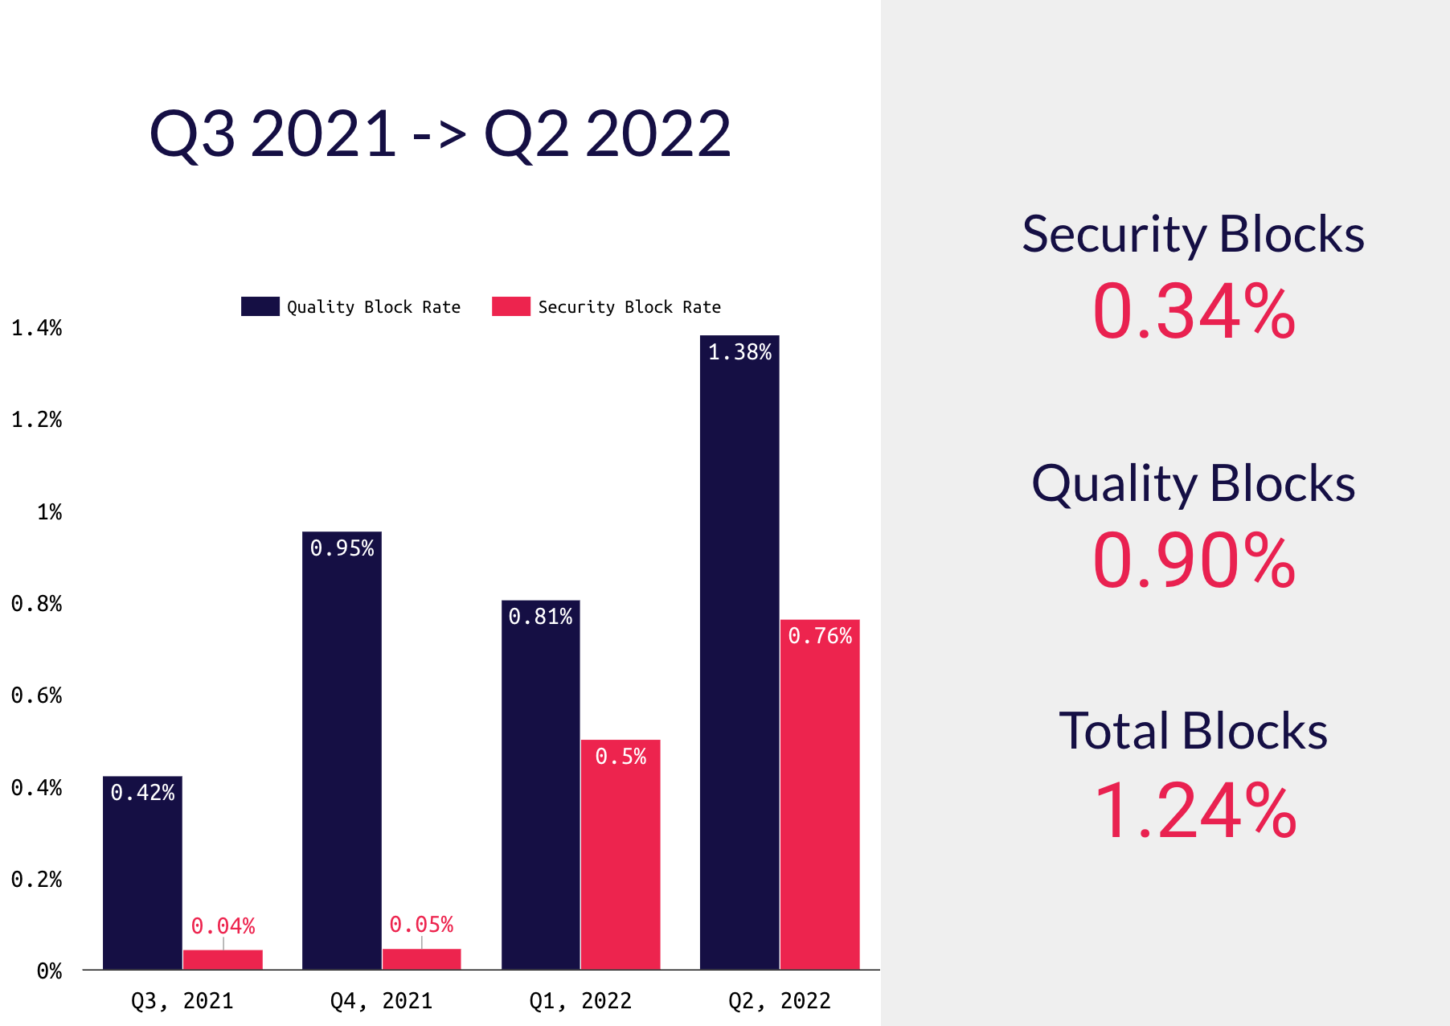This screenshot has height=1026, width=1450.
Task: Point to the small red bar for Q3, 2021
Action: coord(223,960)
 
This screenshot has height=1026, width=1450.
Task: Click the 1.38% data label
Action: coord(739,352)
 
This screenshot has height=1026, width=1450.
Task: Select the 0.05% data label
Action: coord(421,925)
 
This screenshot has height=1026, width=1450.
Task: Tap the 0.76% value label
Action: coord(820,636)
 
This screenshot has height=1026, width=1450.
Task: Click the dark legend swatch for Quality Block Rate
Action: coord(260,306)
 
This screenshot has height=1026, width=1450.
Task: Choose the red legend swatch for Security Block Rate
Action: coord(511,306)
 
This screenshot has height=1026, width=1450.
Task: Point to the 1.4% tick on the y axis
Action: coord(37,328)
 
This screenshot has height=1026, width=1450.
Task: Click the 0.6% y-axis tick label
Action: coord(37,696)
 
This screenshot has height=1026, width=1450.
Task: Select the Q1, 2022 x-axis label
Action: coord(580,1001)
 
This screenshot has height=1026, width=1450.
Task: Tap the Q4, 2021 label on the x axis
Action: coord(381,1001)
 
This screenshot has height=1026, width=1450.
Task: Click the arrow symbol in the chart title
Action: coord(439,135)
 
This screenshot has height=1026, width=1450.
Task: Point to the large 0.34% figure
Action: coord(1194,311)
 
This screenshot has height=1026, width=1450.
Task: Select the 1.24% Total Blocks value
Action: coord(1194,811)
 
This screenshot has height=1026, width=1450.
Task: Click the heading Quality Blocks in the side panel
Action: coord(1194,483)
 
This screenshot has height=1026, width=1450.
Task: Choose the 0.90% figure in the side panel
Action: coord(1194,561)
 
